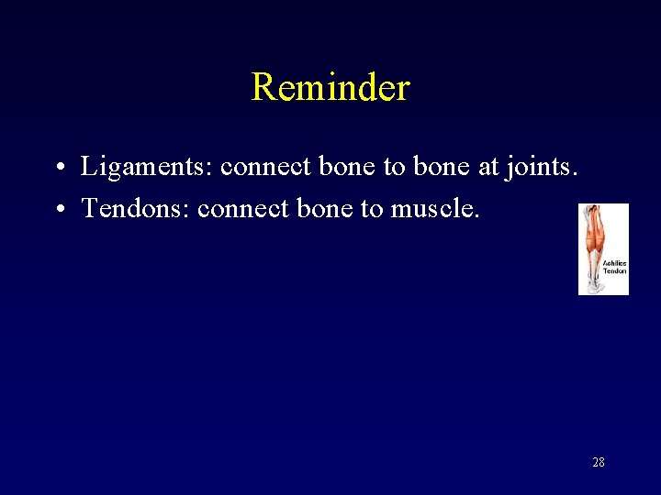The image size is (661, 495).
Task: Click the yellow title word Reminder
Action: click(x=330, y=88)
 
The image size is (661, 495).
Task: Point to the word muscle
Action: click(x=435, y=209)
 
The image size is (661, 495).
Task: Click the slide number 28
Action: click(x=598, y=462)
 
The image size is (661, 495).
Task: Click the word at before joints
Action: click(x=487, y=168)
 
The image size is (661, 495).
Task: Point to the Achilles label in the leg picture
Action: click(x=614, y=263)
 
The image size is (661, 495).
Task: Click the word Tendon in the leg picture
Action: click(x=614, y=270)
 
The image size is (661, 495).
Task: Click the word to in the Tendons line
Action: click(x=372, y=209)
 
